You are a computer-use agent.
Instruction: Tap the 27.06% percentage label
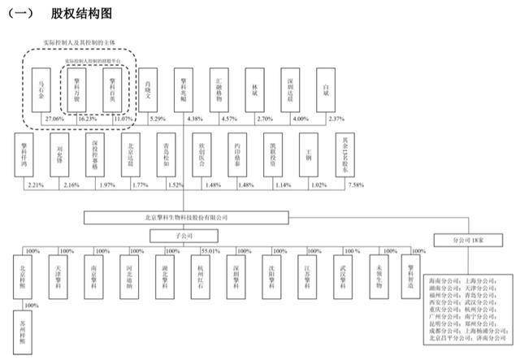tap(55, 119)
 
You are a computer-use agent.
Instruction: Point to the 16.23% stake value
tap(87, 119)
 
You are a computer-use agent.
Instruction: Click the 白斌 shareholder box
tap(328, 90)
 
